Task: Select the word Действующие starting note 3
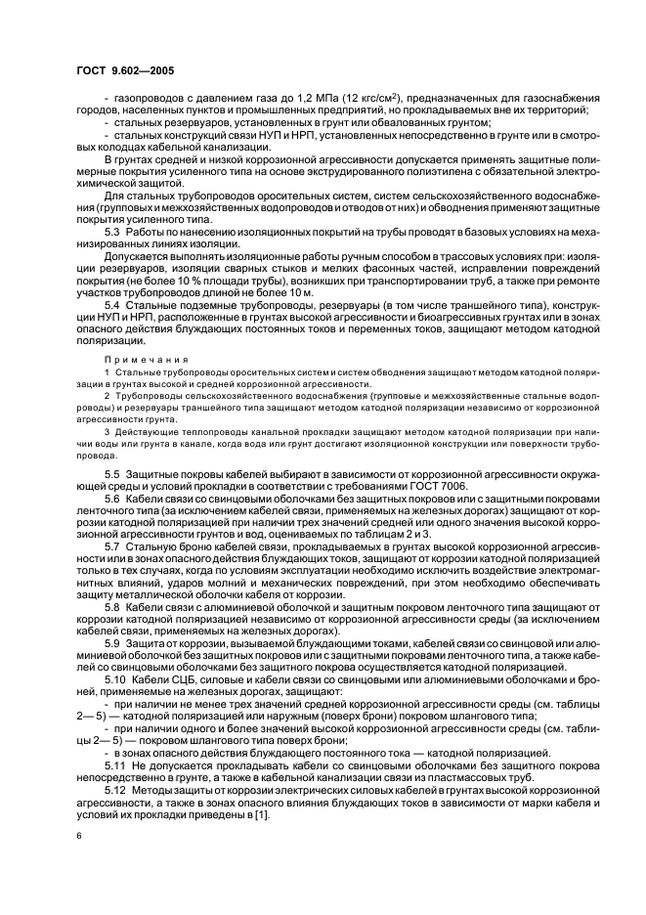[x=136, y=432]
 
